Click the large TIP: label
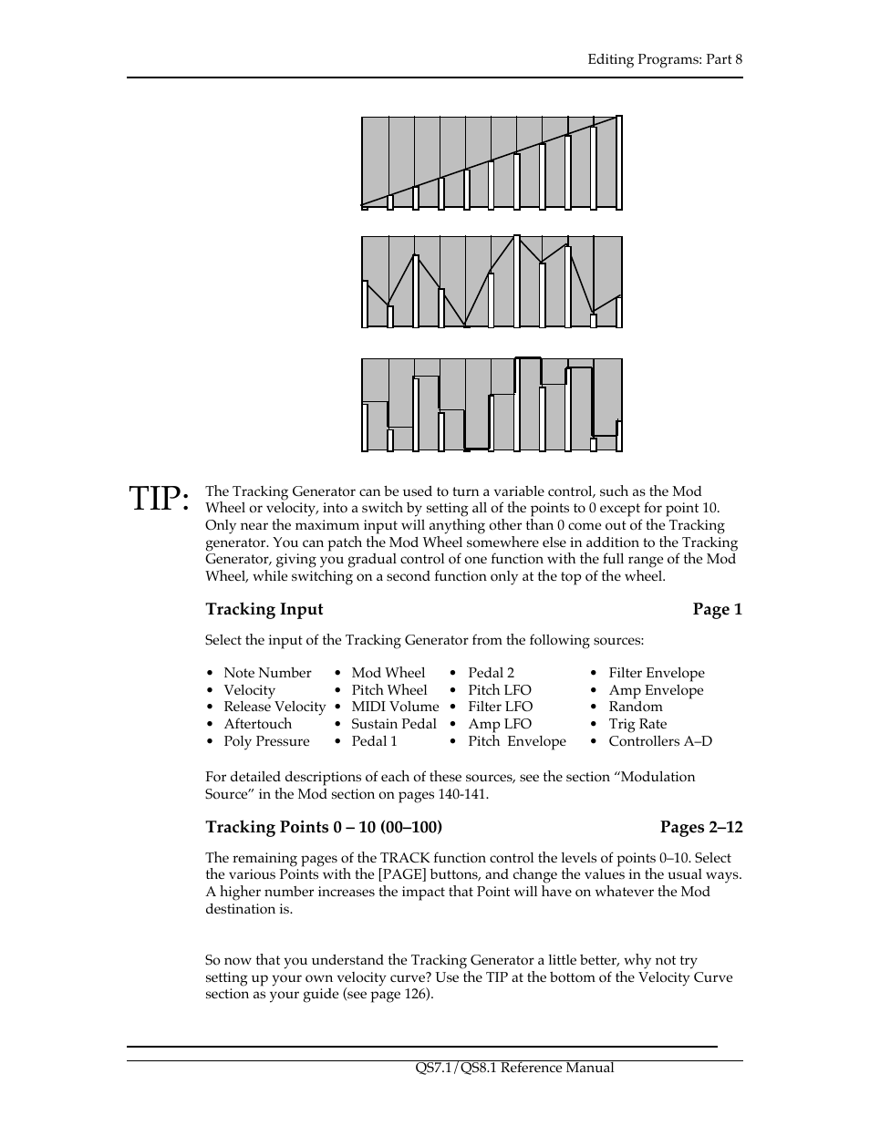(x=160, y=499)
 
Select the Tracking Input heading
(x=264, y=609)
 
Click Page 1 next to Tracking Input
(x=717, y=609)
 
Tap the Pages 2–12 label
(x=701, y=827)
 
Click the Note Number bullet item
(x=267, y=673)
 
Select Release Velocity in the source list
(x=274, y=707)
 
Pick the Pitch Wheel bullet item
(x=389, y=690)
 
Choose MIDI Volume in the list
(x=395, y=707)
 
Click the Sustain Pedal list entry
(x=394, y=724)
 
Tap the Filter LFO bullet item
(x=500, y=707)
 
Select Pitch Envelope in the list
(x=517, y=741)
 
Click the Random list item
(x=636, y=707)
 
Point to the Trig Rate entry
(x=637, y=724)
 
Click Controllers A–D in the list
(x=660, y=741)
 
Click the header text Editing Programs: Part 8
(x=665, y=59)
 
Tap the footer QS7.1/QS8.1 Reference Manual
(x=514, y=1068)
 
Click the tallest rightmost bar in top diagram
(x=619, y=162)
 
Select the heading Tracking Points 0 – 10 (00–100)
(x=324, y=827)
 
